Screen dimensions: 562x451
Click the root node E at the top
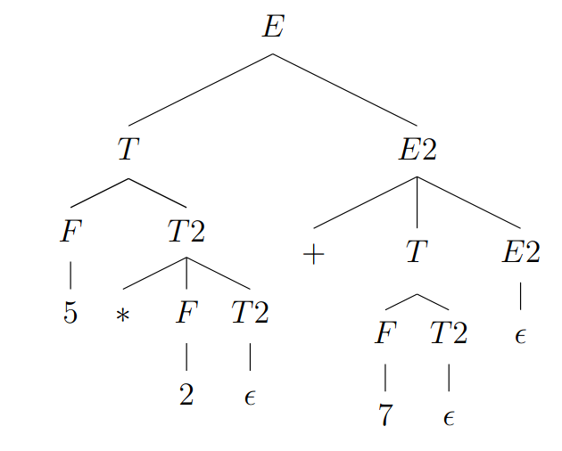(x=272, y=27)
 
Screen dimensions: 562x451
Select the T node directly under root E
(x=128, y=150)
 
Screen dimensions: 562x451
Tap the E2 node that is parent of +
(x=417, y=150)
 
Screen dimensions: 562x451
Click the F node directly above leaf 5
(x=70, y=232)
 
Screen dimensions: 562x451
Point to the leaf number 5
(x=70, y=314)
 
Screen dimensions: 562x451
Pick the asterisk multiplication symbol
(x=123, y=316)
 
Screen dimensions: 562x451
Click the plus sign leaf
(x=312, y=255)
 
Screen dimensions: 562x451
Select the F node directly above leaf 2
(x=186, y=313)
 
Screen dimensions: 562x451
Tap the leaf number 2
(x=186, y=395)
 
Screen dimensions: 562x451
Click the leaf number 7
(x=384, y=415)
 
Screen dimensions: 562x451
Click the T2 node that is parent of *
(x=186, y=232)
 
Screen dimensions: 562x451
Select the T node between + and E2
(x=417, y=253)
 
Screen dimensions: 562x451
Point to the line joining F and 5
(x=70, y=273)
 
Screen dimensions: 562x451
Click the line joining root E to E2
(x=344, y=90)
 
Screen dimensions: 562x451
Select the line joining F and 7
(x=384, y=375)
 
